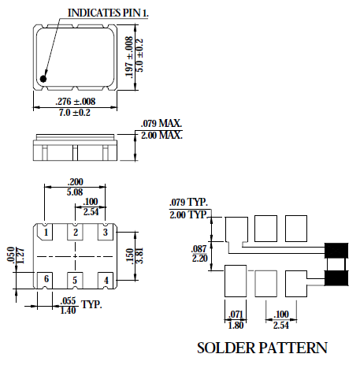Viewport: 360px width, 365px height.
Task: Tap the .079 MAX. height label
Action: [161, 125]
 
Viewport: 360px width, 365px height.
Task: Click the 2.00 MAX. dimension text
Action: [161, 135]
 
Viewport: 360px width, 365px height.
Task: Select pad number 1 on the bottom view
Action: [47, 232]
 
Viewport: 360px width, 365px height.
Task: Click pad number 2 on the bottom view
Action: [76, 232]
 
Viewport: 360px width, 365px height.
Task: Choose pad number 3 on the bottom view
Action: [104, 232]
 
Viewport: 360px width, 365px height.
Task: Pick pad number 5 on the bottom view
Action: [76, 279]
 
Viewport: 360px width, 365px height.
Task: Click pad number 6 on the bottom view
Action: [47, 279]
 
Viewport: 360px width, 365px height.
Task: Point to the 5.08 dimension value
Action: [76, 191]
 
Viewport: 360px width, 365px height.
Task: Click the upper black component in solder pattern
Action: [337, 251]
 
